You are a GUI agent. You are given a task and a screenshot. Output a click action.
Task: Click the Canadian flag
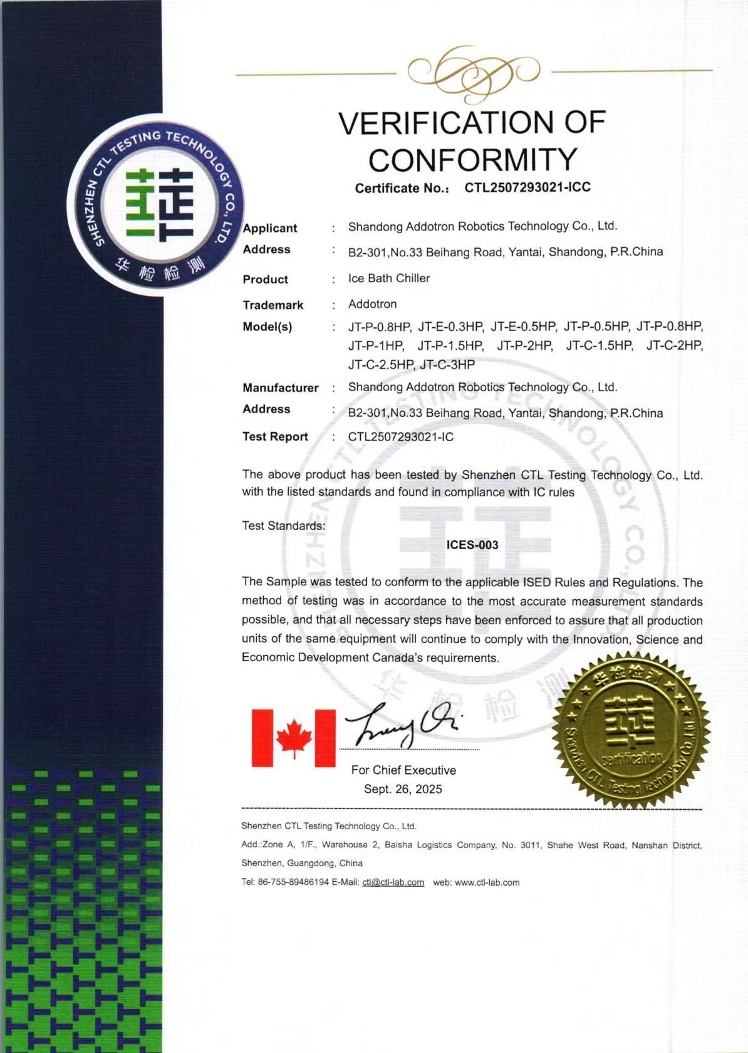tap(293, 738)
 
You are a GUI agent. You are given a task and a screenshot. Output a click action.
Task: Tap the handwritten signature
tap(405, 725)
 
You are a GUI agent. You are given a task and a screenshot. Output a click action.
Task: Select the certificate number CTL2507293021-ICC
tap(527, 187)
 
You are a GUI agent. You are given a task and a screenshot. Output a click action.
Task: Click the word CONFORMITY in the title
tap(472, 159)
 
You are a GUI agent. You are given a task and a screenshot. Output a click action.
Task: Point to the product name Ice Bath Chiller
tap(389, 278)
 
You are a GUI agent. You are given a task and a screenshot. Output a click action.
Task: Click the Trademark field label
tap(273, 305)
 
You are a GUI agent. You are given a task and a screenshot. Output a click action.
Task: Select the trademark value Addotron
tap(373, 304)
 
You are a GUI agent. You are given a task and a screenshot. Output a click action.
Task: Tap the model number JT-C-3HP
tap(447, 365)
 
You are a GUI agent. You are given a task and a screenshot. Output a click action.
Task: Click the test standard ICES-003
tap(472, 545)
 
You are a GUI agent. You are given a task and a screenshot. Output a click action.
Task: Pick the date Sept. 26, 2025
tap(403, 789)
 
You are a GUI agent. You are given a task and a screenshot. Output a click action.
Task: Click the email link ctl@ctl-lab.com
tap(393, 883)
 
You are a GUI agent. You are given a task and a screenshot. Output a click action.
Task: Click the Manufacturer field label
tap(281, 388)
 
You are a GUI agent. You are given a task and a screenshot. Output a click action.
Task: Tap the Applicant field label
tap(270, 228)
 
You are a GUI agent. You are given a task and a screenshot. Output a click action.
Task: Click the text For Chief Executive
tap(403, 770)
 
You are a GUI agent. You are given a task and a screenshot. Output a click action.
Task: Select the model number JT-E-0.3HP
tap(450, 327)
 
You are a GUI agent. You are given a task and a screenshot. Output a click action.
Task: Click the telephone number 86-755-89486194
tap(293, 883)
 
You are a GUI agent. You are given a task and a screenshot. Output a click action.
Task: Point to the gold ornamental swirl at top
tap(473, 72)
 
